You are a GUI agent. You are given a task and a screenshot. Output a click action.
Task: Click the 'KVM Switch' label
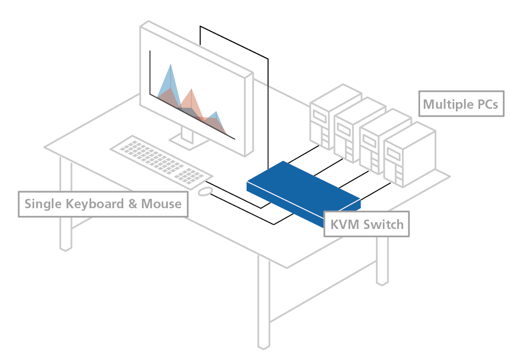366,224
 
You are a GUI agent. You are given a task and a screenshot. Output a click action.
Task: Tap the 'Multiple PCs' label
461,104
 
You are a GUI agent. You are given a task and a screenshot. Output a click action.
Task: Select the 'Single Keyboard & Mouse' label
103,204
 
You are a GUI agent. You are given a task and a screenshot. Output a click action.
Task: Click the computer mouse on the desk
205,192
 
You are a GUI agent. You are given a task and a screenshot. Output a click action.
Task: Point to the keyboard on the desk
161,160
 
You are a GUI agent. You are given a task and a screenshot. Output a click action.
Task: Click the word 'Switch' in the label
383,224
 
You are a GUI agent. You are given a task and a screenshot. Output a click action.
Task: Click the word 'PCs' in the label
486,104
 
